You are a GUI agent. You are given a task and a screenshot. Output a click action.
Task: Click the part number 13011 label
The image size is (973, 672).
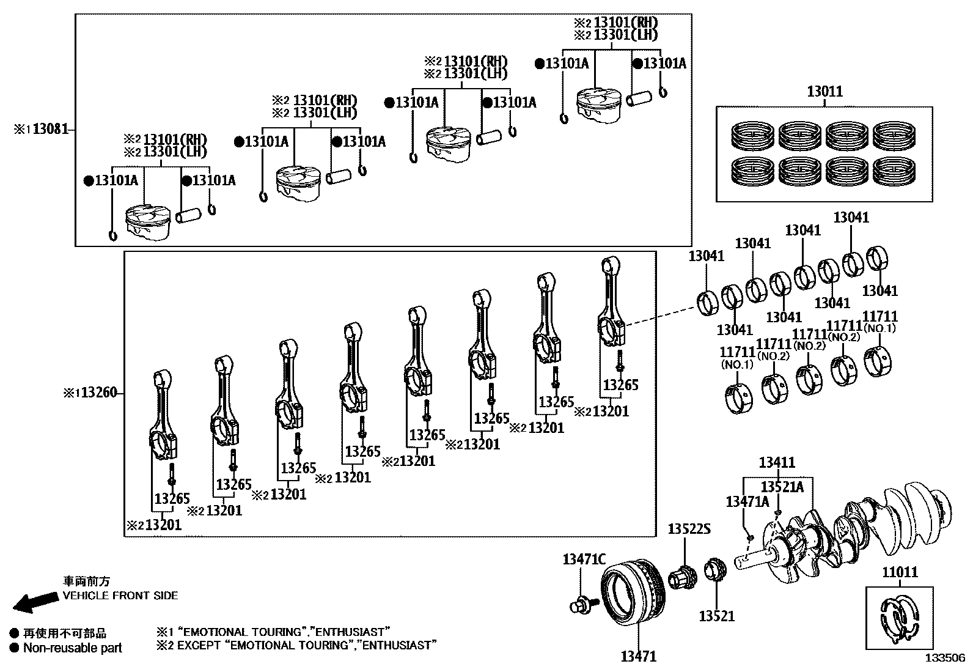click(x=824, y=92)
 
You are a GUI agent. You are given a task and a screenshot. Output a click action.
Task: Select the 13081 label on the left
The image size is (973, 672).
click(x=51, y=129)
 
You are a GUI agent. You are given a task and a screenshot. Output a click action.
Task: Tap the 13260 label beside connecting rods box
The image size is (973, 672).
click(x=98, y=393)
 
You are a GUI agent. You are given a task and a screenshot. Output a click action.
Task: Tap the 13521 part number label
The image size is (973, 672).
click(x=716, y=616)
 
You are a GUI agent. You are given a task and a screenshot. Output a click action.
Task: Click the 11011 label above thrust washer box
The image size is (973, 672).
click(x=900, y=572)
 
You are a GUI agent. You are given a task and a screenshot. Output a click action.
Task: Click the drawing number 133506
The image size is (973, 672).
click(x=944, y=658)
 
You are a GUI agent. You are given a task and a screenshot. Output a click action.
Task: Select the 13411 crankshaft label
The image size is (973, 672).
click(x=777, y=463)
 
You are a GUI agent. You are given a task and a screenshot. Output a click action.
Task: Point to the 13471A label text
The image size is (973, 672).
click(x=747, y=502)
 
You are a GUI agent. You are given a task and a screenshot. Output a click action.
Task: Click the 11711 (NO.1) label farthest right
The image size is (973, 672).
click(x=879, y=321)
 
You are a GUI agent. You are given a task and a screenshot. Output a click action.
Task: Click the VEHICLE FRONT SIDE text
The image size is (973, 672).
click(x=120, y=595)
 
